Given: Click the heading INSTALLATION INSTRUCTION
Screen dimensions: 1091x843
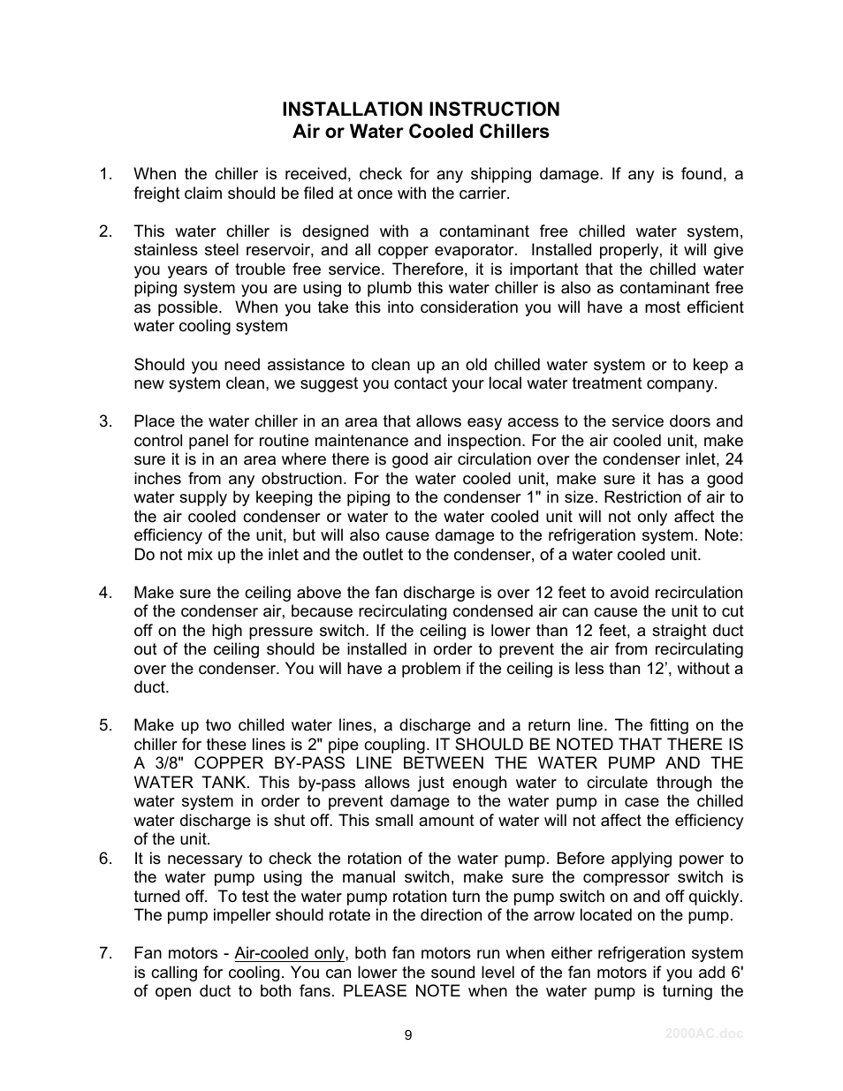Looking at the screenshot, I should tap(421, 109).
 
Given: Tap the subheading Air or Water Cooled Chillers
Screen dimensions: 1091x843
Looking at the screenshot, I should tap(421, 132).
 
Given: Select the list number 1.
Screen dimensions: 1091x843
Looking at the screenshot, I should tap(106, 174).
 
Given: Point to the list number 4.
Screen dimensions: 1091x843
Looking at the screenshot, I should tap(106, 593).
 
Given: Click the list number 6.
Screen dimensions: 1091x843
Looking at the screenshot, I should tap(106, 859).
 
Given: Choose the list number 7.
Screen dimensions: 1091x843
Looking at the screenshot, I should tap(106, 953).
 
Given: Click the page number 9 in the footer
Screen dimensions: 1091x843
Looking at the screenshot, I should tap(408, 1036).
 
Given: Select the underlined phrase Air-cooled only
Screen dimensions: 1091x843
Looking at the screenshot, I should tap(290, 953).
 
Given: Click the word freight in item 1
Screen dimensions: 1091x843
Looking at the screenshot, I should tap(156, 193).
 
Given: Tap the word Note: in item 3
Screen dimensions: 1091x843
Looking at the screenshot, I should tap(722, 535).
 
